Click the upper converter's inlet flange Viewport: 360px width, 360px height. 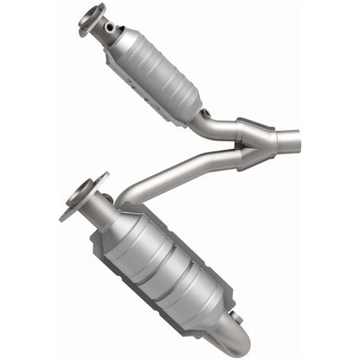pyautogui.click(x=91, y=18)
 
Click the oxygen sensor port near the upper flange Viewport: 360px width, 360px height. pyautogui.click(x=110, y=28)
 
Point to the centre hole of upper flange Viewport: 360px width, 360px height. pyautogui.click(x=89, y=17)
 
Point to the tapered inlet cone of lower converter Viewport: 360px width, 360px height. pyautogui.click(x=108, y=220)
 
